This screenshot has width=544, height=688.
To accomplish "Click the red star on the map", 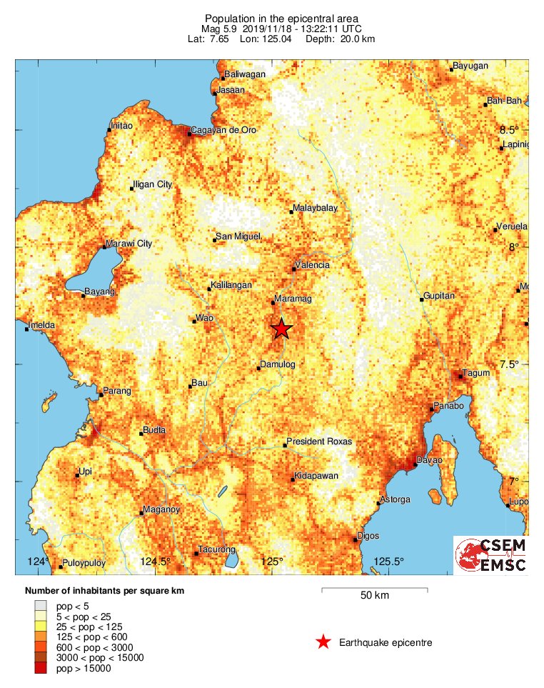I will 281,329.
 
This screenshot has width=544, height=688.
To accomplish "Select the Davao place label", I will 430,460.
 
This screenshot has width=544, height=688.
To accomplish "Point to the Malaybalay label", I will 314,210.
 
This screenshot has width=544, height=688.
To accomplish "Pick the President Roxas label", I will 319,442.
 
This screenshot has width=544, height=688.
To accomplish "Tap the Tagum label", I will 474,373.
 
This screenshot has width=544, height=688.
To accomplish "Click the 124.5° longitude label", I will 156,562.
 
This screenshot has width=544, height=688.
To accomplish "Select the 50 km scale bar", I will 374,590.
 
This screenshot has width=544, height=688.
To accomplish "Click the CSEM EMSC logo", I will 491,555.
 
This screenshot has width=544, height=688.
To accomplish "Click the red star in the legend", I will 323,642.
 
